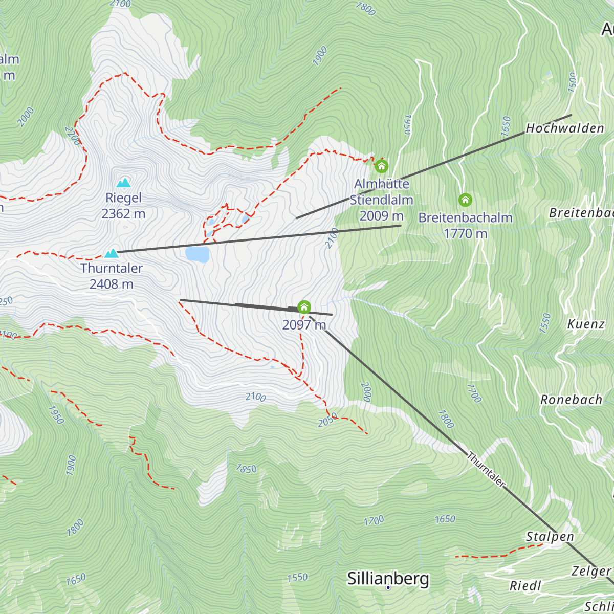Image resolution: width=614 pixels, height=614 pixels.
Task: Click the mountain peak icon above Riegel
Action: (x=123, y=183)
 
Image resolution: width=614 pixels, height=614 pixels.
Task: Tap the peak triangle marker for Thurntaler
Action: (x=112, y=253)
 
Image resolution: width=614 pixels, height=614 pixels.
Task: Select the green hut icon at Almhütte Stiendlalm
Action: (x=381, y=166)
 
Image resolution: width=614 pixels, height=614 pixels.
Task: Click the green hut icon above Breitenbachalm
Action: (x=465, y=200)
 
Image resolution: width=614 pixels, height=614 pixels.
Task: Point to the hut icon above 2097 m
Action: (x=304, y=308)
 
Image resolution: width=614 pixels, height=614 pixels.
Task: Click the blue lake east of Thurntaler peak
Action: (x=198, y=254)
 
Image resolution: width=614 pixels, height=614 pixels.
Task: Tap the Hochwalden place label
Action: (x=565, y=128)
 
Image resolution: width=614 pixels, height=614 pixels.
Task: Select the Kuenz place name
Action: (x=586, y=324)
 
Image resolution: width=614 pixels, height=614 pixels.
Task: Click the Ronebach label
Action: (x=571, y=400)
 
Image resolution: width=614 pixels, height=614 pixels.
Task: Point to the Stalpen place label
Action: (x=550, y=537)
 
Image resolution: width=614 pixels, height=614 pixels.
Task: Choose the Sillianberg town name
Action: (x=388, y=579)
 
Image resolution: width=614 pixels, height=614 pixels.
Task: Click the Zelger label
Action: (x=591, y=571)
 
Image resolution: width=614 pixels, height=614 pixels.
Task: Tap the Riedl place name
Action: (x=525, y=586)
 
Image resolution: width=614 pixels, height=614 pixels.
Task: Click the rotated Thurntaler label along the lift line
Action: (x=486, y=469)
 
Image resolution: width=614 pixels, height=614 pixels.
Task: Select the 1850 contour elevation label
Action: (x=246, y=469)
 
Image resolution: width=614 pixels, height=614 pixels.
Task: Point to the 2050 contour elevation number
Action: (x=327, y=420)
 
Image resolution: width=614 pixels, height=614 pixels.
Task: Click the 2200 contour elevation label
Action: (x=73, y=136)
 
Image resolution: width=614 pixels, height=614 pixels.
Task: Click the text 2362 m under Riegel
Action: (x=123, y=213)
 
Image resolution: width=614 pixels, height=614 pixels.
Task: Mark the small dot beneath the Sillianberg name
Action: (x=388, y=587)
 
